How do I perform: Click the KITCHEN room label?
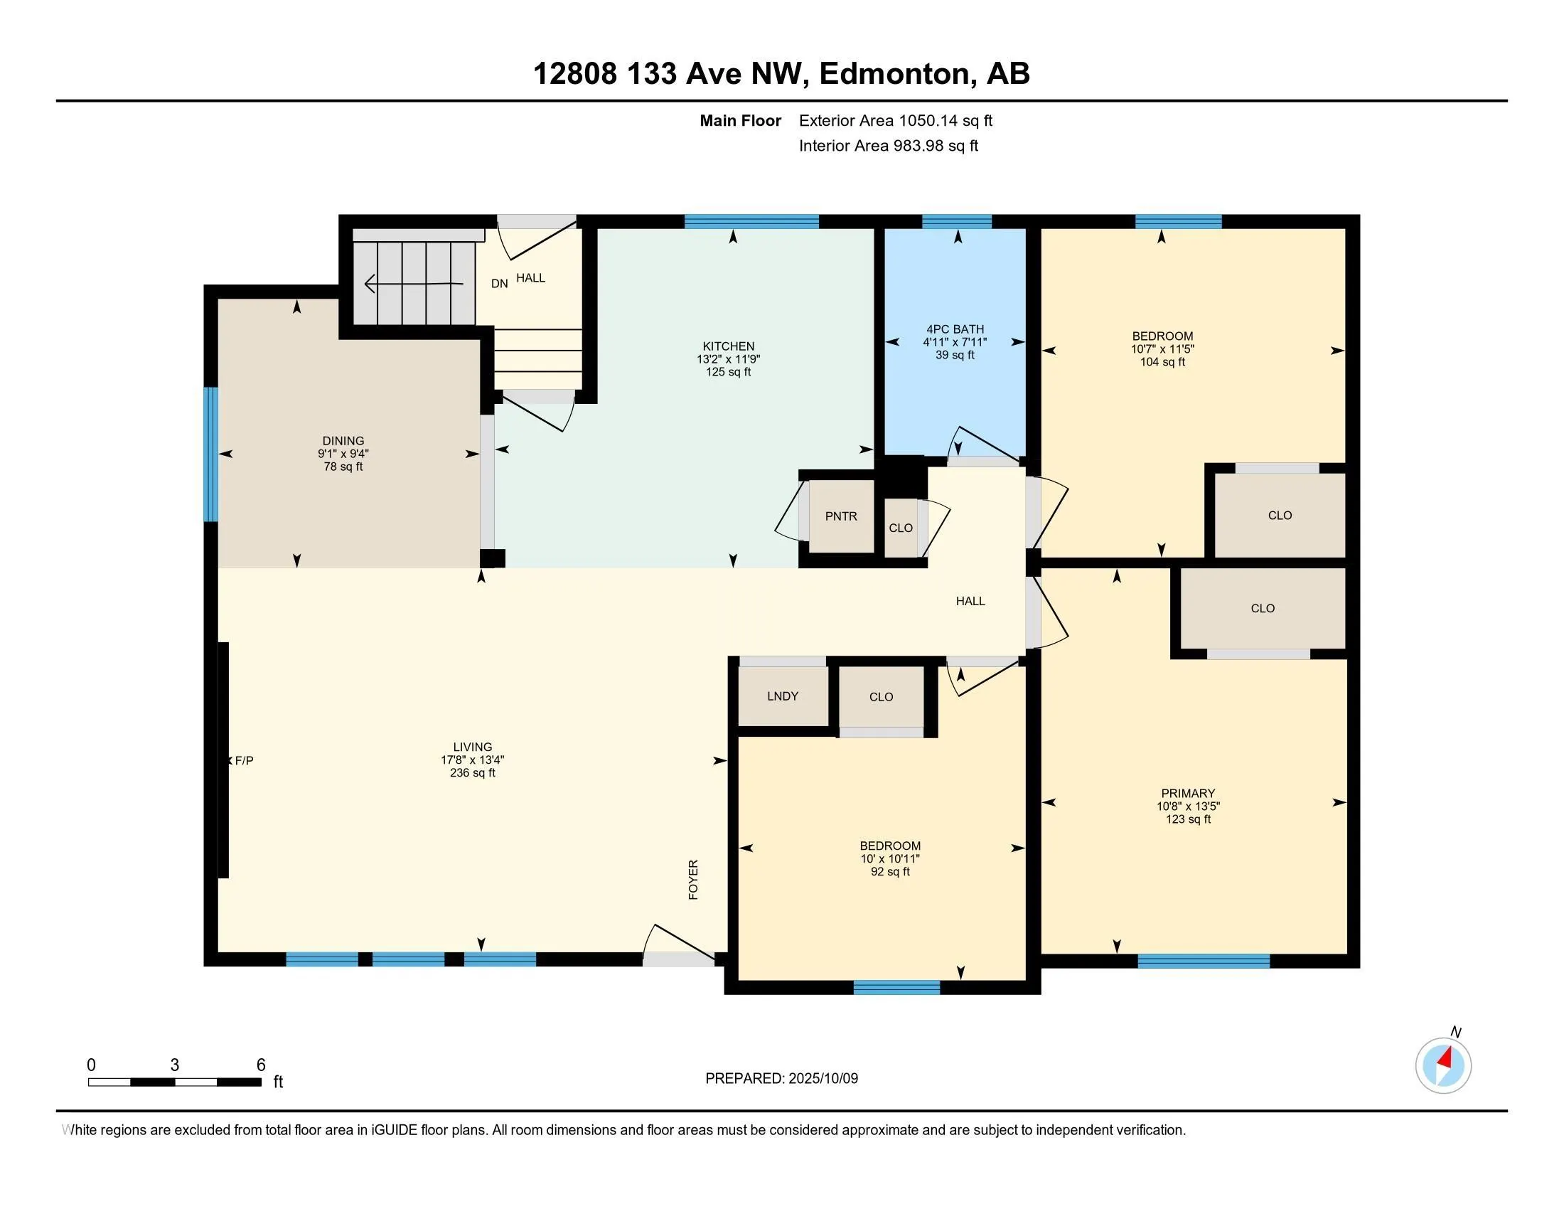[728, 346]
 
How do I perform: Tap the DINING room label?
[343, 440]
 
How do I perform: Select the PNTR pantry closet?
[842, 516]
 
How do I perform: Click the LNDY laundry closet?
[783, 696]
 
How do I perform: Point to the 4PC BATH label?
[955, 329]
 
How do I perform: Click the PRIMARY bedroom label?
[1188, 793]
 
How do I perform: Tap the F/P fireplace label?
[244, 761]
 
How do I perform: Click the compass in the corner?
[1444, 1065]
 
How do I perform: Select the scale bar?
[174, 1082]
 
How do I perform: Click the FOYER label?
[693, 880]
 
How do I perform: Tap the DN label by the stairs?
[499, 284]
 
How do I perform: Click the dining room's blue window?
[210, 454]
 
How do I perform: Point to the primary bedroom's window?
[1204, 961]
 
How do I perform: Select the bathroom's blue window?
[957, 221]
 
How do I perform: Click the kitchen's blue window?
[751, 221]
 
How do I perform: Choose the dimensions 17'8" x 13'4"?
[473, 760]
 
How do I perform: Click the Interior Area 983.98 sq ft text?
[889, 146]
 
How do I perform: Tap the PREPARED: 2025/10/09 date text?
[781, 1078]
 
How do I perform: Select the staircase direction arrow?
[413, 284]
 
